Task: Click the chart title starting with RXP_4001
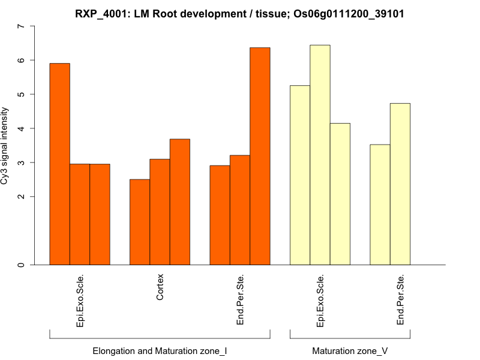pos(239,13)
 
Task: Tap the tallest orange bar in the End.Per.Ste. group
pos(260,156)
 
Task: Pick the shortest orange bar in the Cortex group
pos(140,222)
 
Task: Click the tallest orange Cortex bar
pos(180,202)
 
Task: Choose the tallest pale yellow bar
pos(320,155)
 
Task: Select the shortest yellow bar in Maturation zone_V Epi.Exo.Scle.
pos(340,194)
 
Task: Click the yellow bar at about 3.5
pos(380,205)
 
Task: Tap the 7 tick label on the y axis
pos(22,26)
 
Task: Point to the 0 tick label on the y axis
pos(22,265)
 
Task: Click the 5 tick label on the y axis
pos(22,94)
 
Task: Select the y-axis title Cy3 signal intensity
pos(5,146)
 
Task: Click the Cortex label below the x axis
pos(160,288)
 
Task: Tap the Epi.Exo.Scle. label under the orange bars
pos(80,300)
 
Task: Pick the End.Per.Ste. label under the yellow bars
pos(400,300)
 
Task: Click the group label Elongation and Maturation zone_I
pos(160,350)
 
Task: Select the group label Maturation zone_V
pos(350,350)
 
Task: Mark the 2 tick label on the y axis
pos(22,197)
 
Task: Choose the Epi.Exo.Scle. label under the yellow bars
pos(320,300)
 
